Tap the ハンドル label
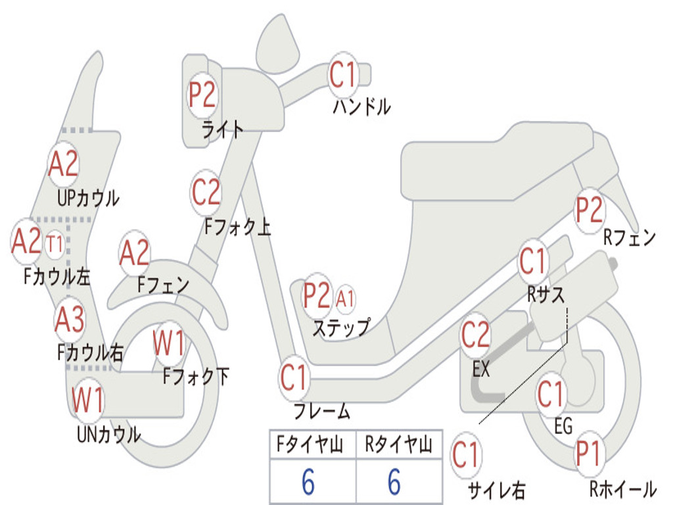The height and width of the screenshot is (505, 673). pyautogui.click(x=361, y=107)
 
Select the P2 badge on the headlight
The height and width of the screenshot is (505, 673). pyautogui.click(x=202, y=96)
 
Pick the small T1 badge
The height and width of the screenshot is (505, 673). pyautogui.click(x=55, y=245)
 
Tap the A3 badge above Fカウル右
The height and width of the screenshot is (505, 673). pyautogui.click(x=70, y=320)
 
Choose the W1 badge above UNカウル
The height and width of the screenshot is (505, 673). pyautogui.click(x=88, y=400)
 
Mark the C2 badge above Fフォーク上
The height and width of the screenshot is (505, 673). pyautogui.click(x=206, y=193)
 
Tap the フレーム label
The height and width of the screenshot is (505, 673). pyautogui.click(x=321, y=412)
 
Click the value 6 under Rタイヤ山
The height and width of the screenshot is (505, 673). pyautogui.click(x=394, y=483)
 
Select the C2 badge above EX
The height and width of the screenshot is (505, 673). pyautogui.click(x=475, y=336)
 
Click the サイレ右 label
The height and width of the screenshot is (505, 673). pyautogui.click(x=496, y=490)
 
